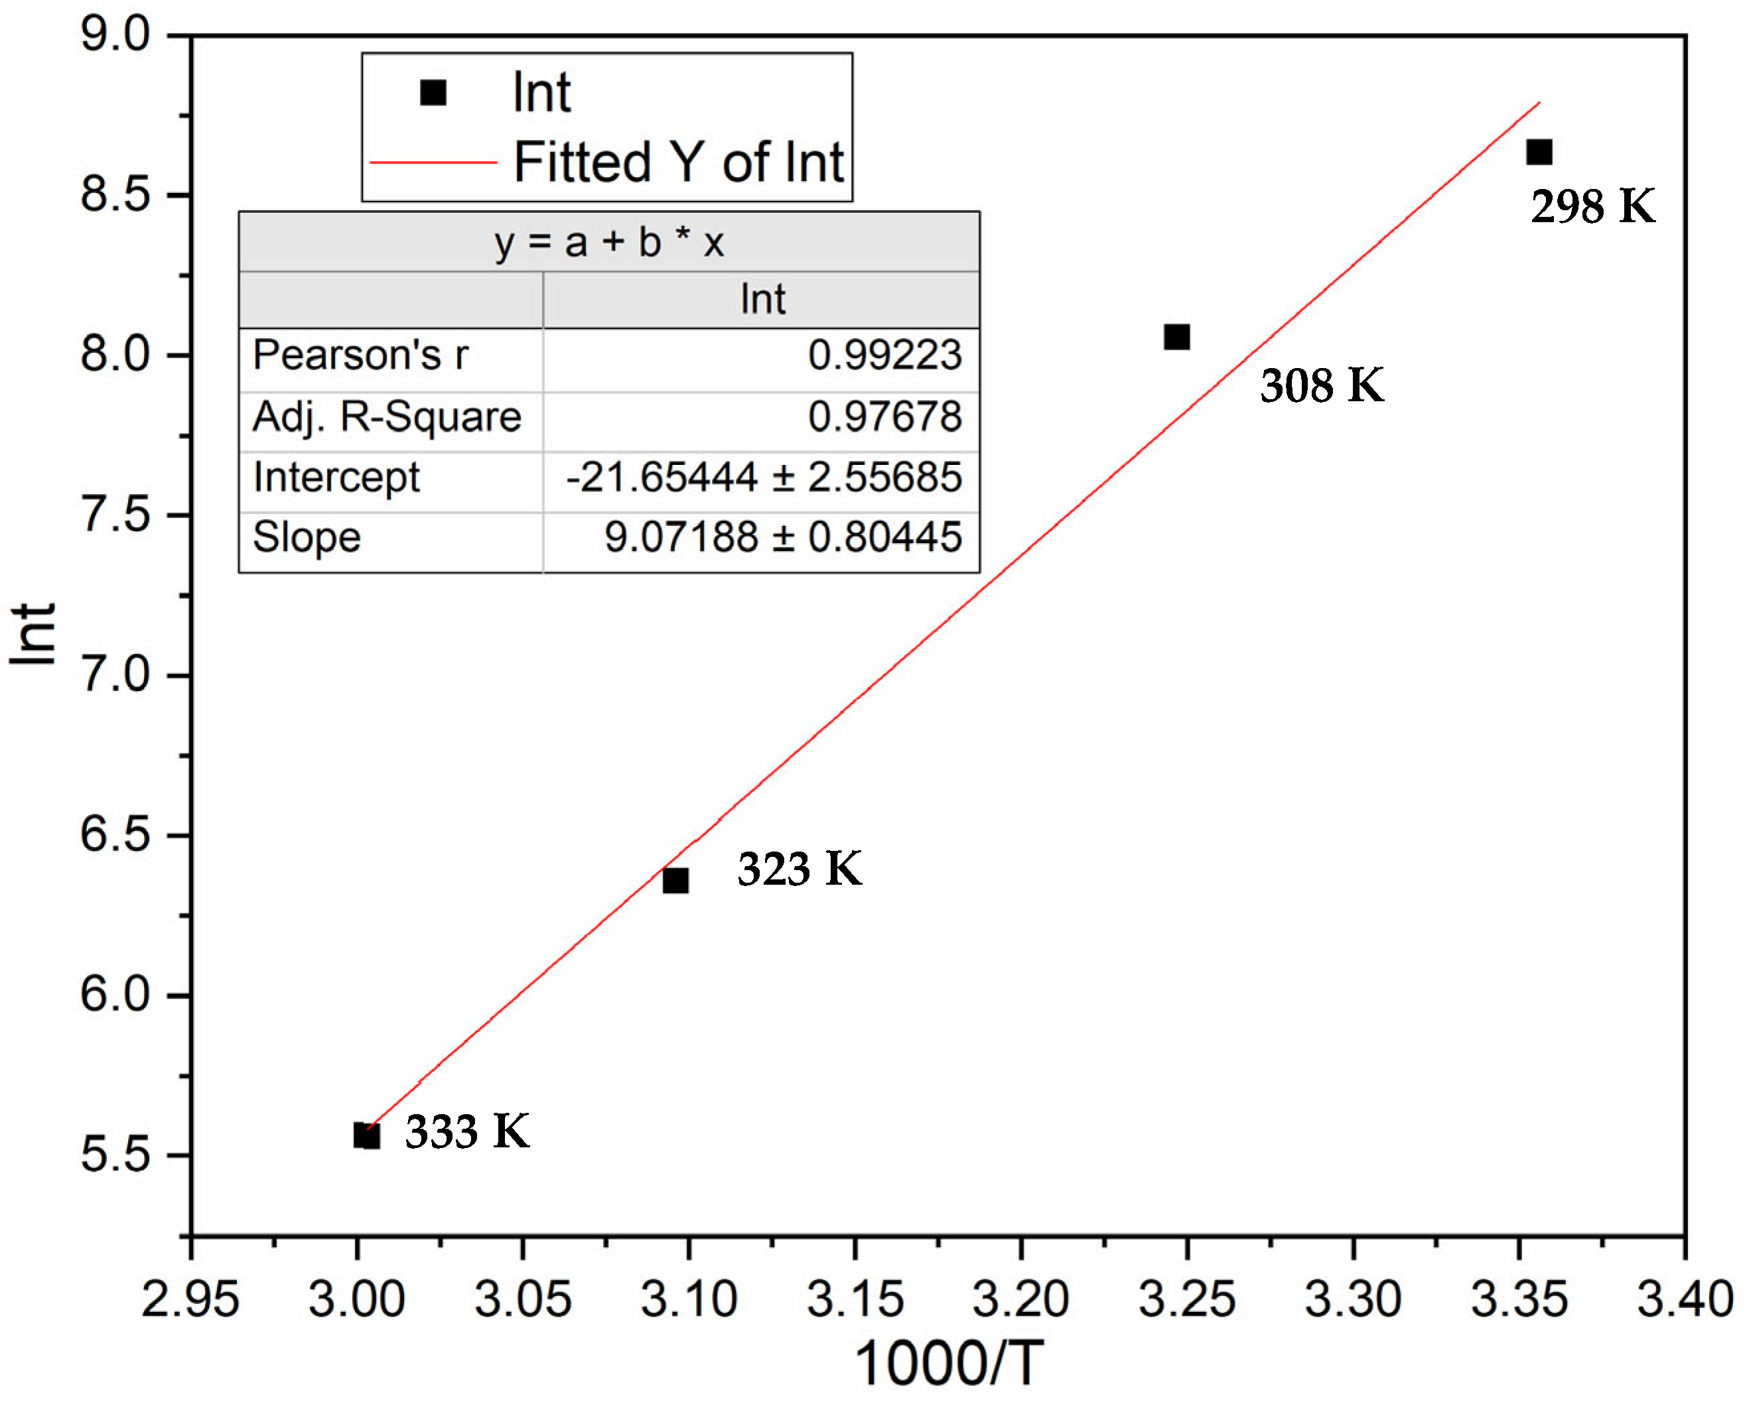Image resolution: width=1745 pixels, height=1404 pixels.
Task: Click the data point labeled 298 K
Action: [1539, 152]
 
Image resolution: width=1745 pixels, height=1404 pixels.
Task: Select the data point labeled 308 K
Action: [1176, 337]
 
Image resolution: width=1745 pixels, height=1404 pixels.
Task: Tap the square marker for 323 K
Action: [675, 879]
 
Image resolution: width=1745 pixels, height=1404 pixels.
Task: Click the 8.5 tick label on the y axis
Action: [115, 195]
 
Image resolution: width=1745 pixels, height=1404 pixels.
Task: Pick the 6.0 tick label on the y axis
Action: [115, 995]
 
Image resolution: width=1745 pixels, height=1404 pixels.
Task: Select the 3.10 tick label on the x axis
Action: [689, 1300]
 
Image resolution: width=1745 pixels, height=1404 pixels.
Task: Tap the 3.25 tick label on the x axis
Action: [1186, 1300]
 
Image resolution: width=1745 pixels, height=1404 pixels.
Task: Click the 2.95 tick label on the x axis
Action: [190, 1300]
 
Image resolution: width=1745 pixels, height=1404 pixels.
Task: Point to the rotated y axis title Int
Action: [34, 635]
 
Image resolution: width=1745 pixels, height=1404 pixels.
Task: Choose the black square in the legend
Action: [433, 93]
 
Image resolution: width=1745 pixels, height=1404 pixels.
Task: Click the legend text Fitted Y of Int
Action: [678, 162]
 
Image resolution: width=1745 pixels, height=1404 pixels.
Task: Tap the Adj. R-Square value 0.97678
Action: [884, 416]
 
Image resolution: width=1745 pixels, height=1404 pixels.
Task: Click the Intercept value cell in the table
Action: [763, 477]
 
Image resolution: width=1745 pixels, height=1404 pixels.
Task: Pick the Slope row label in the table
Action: [307, 537]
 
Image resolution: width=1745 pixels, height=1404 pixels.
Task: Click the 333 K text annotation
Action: [467, 1131]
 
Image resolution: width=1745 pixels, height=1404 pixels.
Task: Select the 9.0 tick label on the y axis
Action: [115, 36]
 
